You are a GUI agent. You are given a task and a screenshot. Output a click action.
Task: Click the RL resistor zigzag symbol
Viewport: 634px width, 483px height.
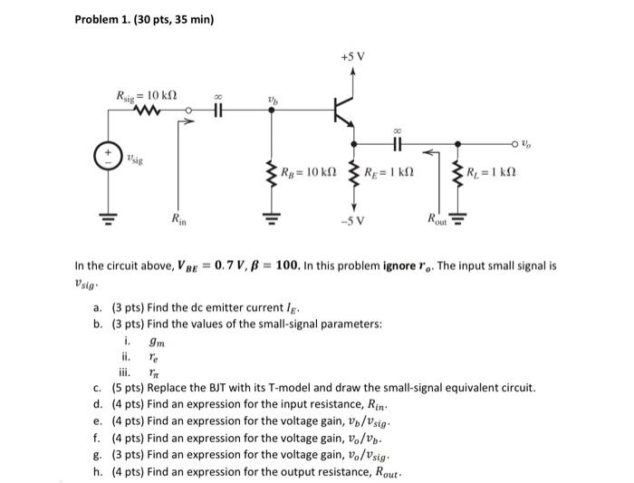coord(457,171)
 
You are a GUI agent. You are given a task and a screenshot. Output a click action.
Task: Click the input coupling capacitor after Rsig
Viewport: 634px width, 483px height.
coord(216,113)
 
